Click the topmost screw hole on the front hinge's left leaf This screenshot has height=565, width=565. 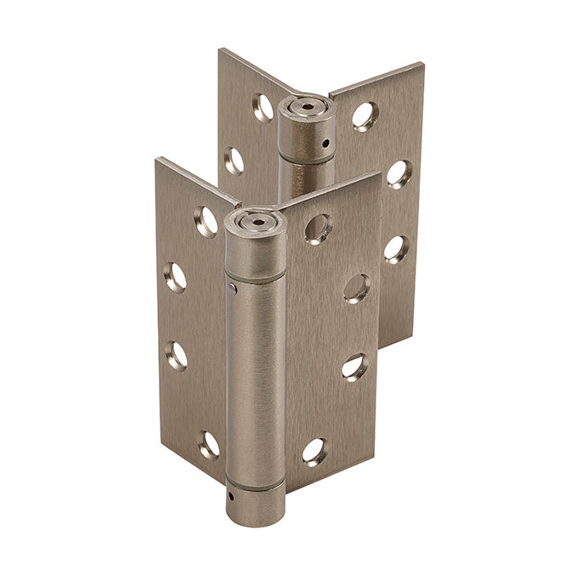pyautogui.click(x=206, y=222)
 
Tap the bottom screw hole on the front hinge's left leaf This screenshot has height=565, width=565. pyautogui.click(x=208, y=445)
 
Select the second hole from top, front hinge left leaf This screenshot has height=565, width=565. pyautogui.click(x=175, y=277)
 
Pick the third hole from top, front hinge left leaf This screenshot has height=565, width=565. pyautogui.click(x=176, y=354)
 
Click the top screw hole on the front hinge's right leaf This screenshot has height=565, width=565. pyautogui.click(x=318, y=228)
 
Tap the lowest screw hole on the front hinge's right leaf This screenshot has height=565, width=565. pyautogui.click(x=314, y=451)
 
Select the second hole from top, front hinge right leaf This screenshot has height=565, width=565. pyautogui.click(x=357, y=288)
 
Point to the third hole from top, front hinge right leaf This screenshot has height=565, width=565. pyautogui.click(x=355, y=367)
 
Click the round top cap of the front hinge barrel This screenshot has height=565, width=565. pyautogui.click(x=255, y=221)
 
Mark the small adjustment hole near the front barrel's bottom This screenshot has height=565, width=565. pyautogui.click(x=233, y=493)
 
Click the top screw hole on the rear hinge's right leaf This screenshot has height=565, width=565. pyautogui.click(x=365, y=116)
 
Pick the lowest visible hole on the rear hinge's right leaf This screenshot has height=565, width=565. pyautogui.click(x=395, y=248)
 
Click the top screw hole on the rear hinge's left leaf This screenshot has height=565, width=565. pyautogui.click(x=263, y=107)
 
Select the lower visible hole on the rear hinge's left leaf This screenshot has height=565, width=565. pyautogui.click(x=234, y=161)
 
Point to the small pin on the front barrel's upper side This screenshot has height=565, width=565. pyautogui.click(x=231, y=289)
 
